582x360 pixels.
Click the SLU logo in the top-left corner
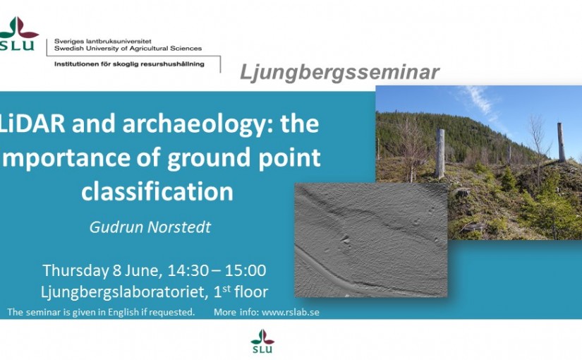[x=18, y=33]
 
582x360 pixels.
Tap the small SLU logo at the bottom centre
[x=262, y=341]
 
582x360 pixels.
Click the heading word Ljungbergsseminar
[x=339, y=73]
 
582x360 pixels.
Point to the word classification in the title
[x=157, y=191]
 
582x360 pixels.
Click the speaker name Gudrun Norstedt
[x=150, y=227]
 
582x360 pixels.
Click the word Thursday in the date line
[x=75, y=271]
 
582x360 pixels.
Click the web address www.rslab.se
[x=290, y=312]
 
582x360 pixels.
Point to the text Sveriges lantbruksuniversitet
[x=103, y=41]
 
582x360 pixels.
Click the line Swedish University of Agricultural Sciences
[x=128, y=48]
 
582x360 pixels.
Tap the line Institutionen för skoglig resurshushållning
[x=129, y=64]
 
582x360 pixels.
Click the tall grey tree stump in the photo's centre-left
[x=439, y=153]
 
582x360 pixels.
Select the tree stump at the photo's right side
[x=562, y=143]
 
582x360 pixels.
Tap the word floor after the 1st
[x=251, y=292]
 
